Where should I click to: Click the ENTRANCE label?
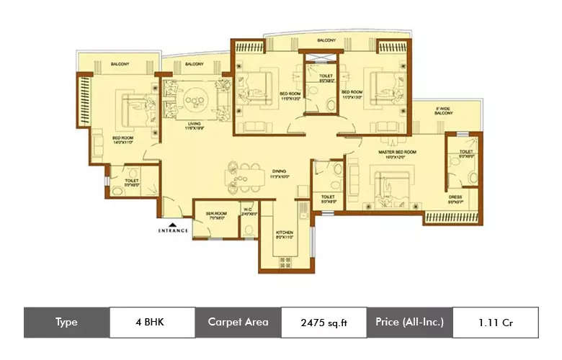173,230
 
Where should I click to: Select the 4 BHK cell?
151,322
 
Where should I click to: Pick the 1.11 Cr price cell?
496,322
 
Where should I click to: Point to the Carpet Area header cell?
238,322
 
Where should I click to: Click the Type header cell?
66,322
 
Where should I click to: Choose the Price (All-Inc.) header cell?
409,322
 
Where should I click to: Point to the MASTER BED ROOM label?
396,153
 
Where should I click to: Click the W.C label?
248,212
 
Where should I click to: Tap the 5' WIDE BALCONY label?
443,112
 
